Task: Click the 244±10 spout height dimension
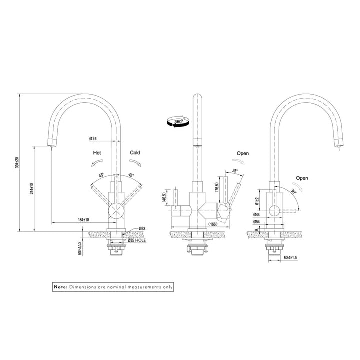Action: pos(31,189)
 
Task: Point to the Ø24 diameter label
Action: pos(93,138)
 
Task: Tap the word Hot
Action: pos(98,153)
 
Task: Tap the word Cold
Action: pos(135,153)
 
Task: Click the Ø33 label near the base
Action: pos(142,229)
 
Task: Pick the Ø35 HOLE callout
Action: pos(136,240)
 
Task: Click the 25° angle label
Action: pos(236,172)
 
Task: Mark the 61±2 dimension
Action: pos(256,200)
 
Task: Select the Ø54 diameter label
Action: pos(257,221)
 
